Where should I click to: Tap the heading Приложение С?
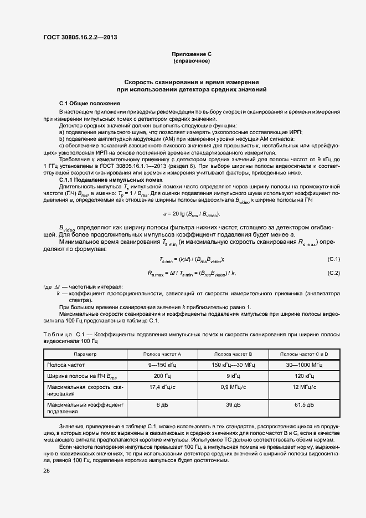coord(191,54)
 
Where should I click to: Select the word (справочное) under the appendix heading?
coord(191,60)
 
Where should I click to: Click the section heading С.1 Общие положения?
coord(89,104)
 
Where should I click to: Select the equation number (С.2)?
coord(334,273)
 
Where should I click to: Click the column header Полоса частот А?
coord(162,353)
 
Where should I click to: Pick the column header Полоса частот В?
coord(233,353)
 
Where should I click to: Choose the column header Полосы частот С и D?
coord(304,353)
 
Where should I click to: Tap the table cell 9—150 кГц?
coord(162,365)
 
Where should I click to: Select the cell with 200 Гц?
coord(162,376)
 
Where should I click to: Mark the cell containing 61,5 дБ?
coord(304,406)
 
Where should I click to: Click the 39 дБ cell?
coord(233,406)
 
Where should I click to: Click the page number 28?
coord(47,471)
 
